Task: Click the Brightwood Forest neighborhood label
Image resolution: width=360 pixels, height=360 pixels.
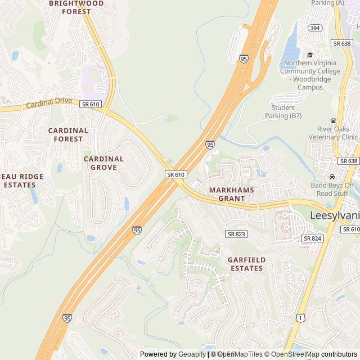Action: coord(76,7)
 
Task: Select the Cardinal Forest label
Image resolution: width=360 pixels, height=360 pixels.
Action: coord(68,134)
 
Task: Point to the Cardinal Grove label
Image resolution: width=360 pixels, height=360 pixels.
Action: coord(104,163)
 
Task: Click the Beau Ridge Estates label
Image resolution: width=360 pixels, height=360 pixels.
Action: coord(21,181)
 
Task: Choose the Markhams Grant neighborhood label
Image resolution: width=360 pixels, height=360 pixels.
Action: coord(231,194)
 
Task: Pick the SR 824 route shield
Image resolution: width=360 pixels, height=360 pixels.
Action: coord(312,238)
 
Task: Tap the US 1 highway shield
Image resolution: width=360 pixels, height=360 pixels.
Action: coord(301,318)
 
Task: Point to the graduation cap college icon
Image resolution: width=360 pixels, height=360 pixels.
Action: coord(310,55)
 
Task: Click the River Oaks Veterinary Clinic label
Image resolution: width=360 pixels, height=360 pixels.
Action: coord(333,133)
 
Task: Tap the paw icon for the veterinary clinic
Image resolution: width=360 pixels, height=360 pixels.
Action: coord(333,120)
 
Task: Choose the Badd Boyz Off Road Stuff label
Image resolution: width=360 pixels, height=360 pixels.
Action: coord(332,189)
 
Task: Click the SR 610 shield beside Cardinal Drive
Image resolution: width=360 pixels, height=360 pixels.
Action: coord(91,104)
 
